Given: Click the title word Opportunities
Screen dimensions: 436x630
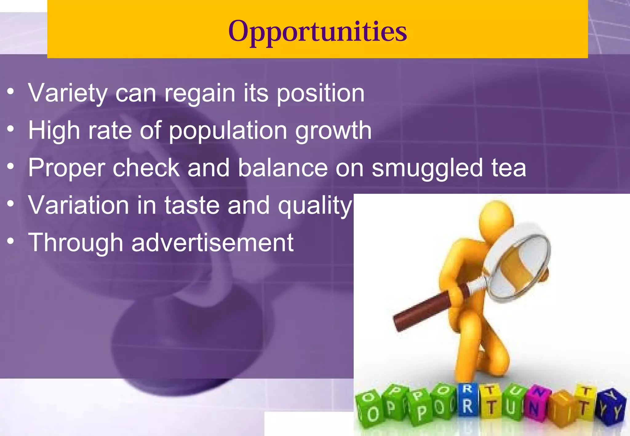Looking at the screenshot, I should [317, 31].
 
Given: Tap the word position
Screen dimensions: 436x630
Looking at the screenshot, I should [321, 93].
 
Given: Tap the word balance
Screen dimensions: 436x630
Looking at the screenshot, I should [283, 168].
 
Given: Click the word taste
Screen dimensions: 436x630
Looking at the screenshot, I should [192, 205].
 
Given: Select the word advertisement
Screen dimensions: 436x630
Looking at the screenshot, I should [212, 243].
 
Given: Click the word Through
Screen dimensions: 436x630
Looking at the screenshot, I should [76, 243].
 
